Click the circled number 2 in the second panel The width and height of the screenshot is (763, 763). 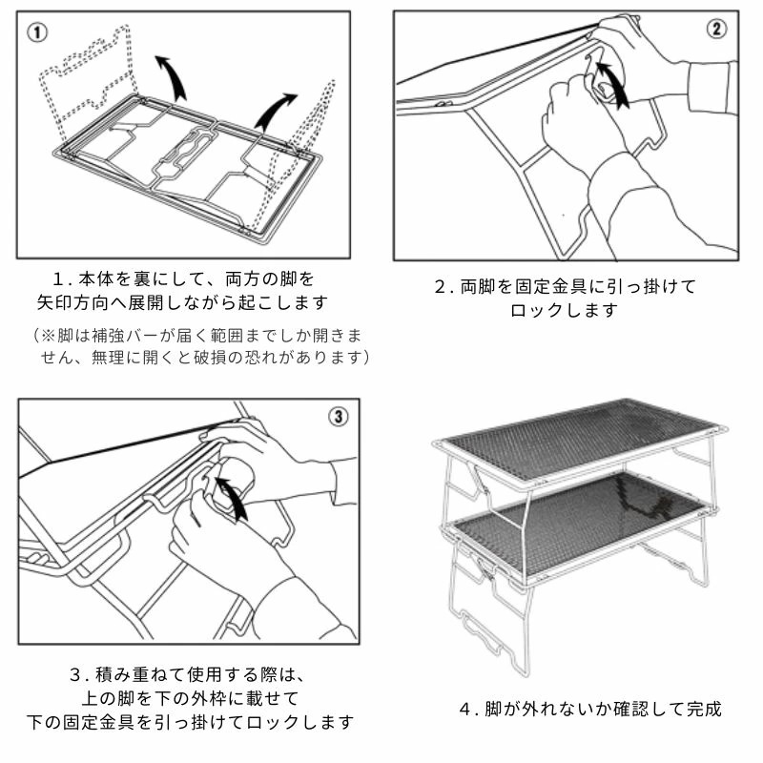click(716, 29)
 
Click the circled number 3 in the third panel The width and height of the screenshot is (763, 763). click(340, 417)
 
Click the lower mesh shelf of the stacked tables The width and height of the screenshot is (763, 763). click(572, 520)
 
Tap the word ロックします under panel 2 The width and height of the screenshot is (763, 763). click(564, 311)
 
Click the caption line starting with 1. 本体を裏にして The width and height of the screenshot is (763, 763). click(183, 279)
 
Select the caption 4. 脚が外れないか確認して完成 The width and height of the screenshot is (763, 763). click(590, 709)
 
